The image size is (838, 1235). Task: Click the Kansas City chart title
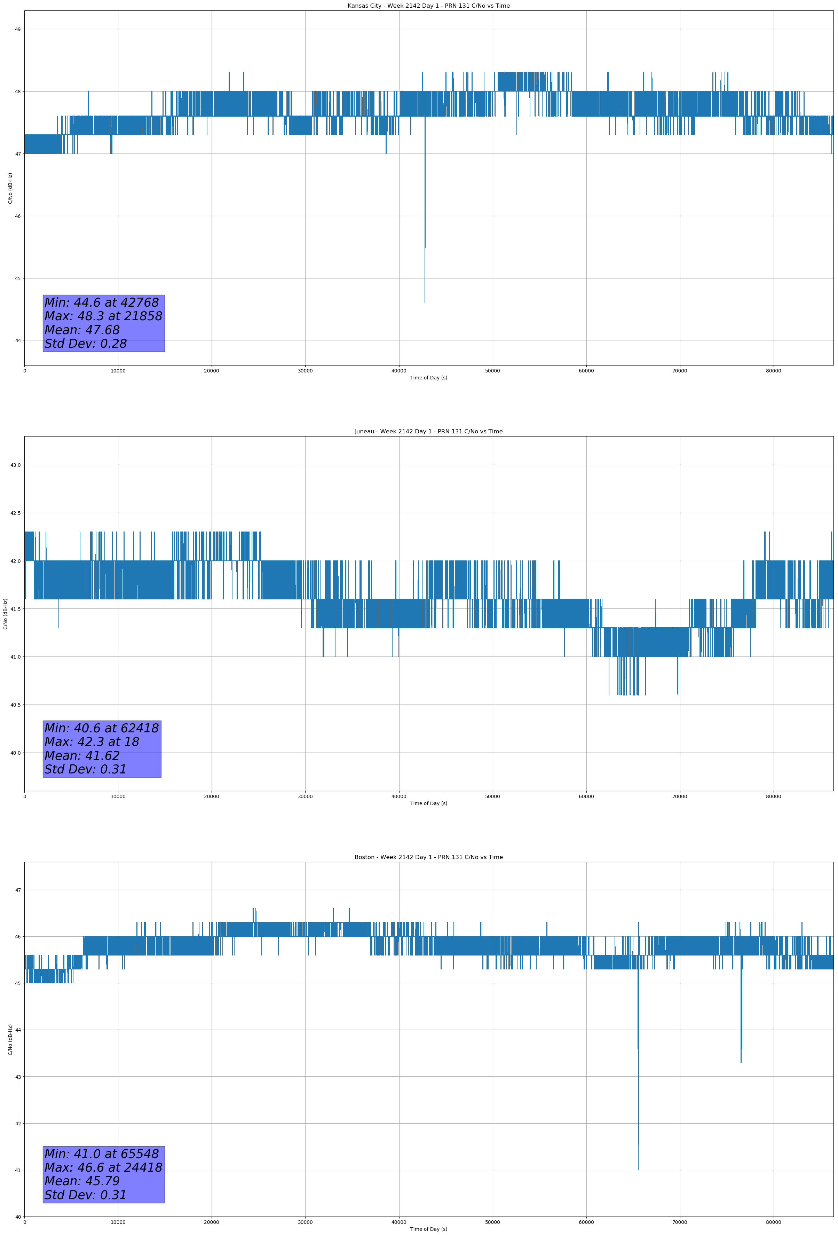428,6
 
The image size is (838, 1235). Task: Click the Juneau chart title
428,432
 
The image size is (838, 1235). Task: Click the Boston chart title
428,857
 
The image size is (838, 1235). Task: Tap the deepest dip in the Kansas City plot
425,302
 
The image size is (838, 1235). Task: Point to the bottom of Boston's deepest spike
638,1169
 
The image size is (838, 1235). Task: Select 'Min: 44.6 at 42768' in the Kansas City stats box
102,302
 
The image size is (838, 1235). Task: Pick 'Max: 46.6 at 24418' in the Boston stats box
103,1167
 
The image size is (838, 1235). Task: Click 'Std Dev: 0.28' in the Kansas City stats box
86,344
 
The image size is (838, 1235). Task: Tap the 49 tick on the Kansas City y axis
17,29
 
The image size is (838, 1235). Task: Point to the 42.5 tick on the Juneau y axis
15,513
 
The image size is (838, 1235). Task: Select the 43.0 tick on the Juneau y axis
15,465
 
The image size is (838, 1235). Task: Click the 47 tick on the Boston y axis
17,890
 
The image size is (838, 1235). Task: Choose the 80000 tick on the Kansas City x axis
773,371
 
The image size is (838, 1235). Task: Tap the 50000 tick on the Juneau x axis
492,796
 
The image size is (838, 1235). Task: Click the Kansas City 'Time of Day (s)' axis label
428,378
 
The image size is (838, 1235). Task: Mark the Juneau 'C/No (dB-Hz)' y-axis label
5,614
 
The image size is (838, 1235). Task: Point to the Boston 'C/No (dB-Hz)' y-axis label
10,1039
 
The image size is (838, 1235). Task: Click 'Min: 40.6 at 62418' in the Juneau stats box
102,728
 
